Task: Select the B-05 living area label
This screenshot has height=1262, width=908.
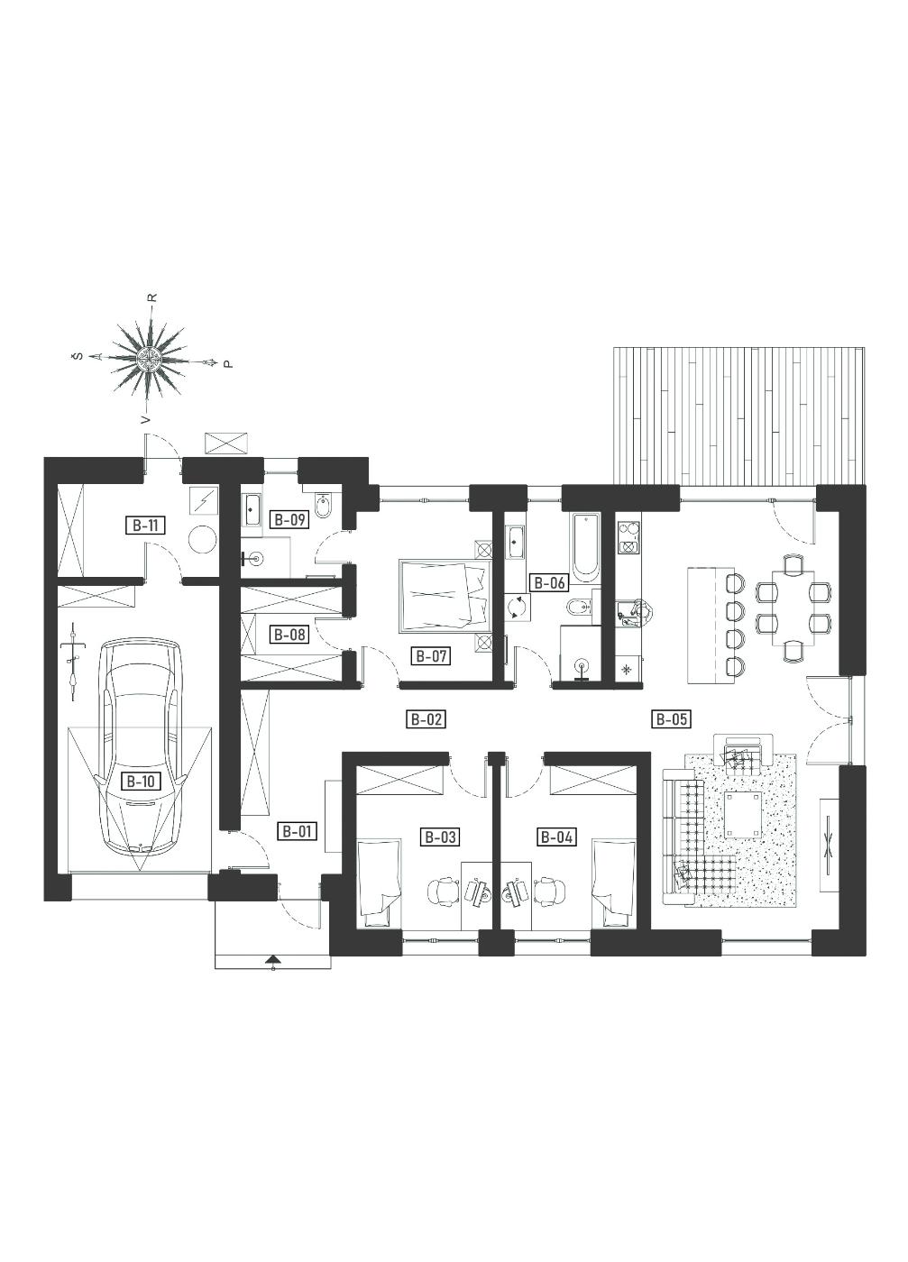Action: pos(671,719)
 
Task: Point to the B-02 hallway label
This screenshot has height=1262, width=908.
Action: pos(426,719)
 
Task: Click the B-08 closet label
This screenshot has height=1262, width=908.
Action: pos(289,635)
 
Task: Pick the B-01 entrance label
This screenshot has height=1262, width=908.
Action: pos(297,831)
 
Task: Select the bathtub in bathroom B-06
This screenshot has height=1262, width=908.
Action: pos(585,546)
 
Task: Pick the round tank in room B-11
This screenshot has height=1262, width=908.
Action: pos(202,540)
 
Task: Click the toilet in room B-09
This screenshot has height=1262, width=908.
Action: pos(326,507)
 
